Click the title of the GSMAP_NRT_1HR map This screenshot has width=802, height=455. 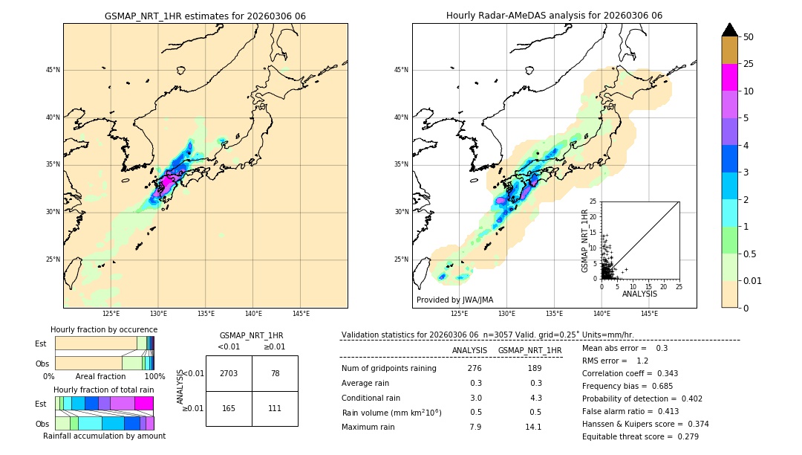(205, 16)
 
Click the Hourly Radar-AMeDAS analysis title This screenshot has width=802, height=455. (554, 16)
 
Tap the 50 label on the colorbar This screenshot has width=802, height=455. (749, 36)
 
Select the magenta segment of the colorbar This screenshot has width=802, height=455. (729, 77)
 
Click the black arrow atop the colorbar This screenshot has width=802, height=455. (729, 30)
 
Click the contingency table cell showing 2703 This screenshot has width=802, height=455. (229, 373)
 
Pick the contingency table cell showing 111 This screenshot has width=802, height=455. (275, 408)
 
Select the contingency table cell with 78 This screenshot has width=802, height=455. (275, 373)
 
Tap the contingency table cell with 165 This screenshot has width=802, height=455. (229, 408)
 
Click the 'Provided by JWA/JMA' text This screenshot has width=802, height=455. (454, 300)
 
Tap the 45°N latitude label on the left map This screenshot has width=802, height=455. (53, 70)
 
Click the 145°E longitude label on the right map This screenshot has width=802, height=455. (649, 314)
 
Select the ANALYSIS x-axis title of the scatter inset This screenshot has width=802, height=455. (639, 294)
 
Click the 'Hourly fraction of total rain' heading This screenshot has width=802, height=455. (104, 390)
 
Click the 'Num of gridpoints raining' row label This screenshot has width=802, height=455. (388, 369)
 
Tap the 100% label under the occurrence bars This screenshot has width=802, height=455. (154, 377)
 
